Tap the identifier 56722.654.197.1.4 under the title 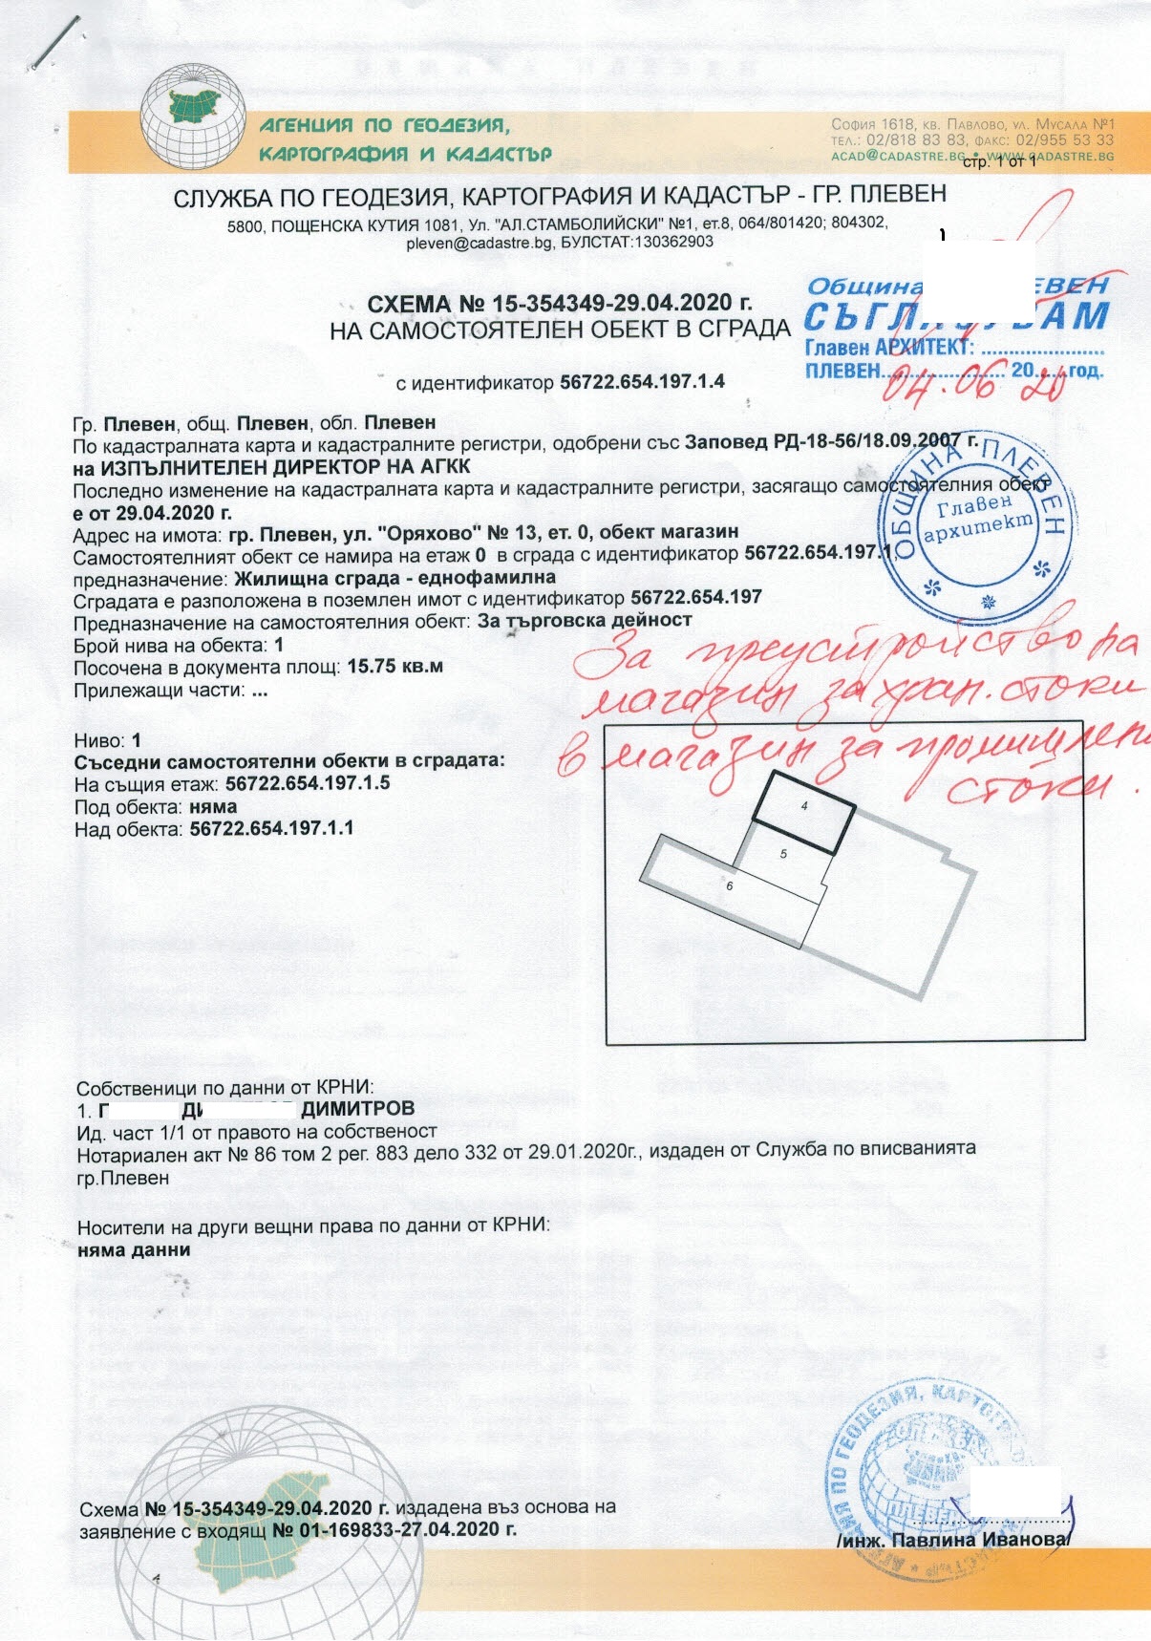point(642,382)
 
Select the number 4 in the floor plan point(804,806)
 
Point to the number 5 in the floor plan point(783,854)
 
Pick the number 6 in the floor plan point(729,886)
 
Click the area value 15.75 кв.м point(394,667)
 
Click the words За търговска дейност point(585,621)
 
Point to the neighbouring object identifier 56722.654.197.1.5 point(308,783)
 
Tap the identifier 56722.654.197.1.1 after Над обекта point(271,828)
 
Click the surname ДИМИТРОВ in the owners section point(358,1109)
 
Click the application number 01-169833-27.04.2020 point(394,1529)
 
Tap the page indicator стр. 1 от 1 point(999,163)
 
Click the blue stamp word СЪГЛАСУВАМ point(955,316)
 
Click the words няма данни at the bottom point(134,1249)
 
